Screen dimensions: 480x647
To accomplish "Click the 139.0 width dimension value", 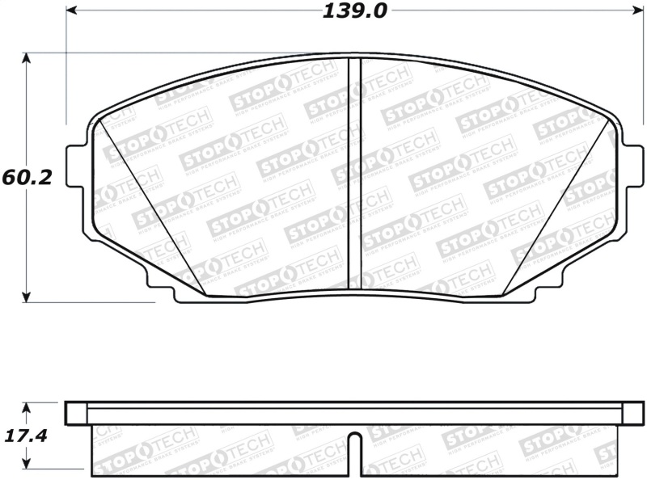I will pos(354,11).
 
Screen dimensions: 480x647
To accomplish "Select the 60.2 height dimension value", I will pos(27,178).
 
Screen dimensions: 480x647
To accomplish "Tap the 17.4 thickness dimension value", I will pos(27,436).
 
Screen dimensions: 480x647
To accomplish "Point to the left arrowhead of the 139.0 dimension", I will pos(70,11).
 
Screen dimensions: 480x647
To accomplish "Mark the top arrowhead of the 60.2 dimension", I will pos(27,59).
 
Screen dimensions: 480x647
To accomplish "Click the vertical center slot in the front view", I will pos(353,174).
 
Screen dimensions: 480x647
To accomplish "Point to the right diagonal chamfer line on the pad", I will pos(558,206).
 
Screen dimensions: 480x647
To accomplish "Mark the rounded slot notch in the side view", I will pos(354,443).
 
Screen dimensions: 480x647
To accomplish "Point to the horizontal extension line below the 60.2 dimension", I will pos(89,302).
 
